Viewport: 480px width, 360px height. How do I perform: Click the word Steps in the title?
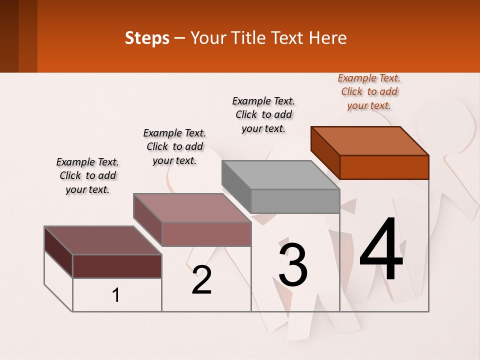click(x=147, y=38)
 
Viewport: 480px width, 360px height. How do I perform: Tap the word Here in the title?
click(x=328, y=38)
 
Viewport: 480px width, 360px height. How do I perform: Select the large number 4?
click(x=381, y=250)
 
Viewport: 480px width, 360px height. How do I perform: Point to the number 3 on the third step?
click(x=293, y=264)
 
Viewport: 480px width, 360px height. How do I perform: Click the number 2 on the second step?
click(x=202, y=280)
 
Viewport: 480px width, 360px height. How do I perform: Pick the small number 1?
click(x=116, y=295)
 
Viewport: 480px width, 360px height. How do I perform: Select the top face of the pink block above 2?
click(x=192, y=207)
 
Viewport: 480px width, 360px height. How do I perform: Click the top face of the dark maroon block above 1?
click(x=103, y=240)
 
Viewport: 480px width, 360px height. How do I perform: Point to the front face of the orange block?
click(x=384, y=167)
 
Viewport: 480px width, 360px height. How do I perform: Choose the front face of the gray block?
click(x=295, y=201)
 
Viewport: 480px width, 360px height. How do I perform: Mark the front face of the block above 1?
click(x=117, y=266)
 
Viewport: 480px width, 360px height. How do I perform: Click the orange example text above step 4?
click(x=369, y=92)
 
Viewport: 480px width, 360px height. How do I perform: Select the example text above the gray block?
click(x=263, y=114)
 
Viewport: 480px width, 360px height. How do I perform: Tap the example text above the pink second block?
click(x=174, y=146)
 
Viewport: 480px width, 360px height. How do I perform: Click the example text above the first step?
click(x=87, y=175)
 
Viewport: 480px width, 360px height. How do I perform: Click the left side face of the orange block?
click(x=325, y=152)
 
